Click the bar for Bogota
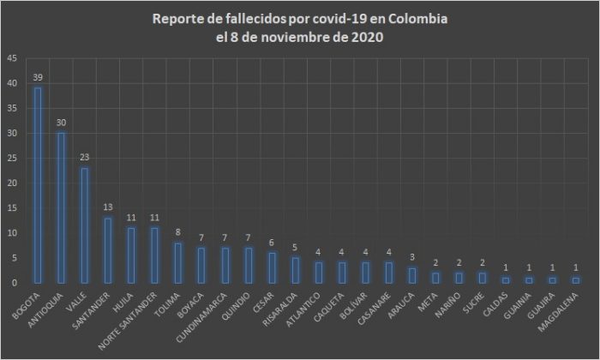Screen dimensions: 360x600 [x=38, y=185]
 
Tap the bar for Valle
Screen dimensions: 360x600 [x=84, y=225]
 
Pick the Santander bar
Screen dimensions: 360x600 [x=107, y=249]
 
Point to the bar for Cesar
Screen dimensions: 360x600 [x=270, y=267]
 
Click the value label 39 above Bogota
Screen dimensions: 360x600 [x=38, y=78]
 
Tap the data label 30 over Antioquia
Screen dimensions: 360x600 [x=61, y=123]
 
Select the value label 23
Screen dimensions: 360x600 [x=84, y=158]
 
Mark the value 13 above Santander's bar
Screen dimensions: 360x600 [x=107, y=207]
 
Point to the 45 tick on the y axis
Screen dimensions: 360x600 [x=10, y=58]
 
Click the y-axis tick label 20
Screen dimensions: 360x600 [x=10, y=183]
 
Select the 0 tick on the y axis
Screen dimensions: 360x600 [x=13, y=282]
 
